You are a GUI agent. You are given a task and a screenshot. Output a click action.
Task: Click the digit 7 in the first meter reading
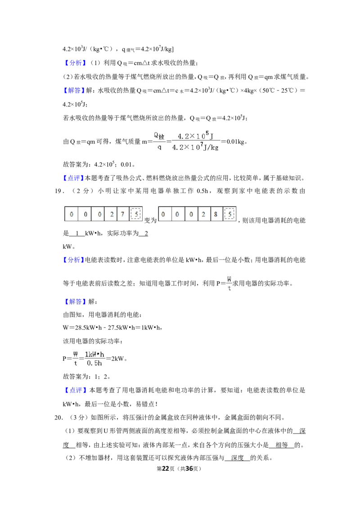click(x=122, y=214)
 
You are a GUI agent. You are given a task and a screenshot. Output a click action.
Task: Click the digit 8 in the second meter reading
click(x=216, y=214)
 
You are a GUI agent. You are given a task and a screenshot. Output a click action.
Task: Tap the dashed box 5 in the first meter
click(x=136, y=214)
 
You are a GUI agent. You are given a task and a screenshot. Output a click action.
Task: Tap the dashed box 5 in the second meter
click(x=229, y=214)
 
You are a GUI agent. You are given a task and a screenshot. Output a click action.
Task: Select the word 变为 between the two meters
click(x=150, y=220)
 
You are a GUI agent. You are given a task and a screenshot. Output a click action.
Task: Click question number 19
click(x=59, y=191)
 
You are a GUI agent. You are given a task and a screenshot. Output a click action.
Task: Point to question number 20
click(x=59, y=417)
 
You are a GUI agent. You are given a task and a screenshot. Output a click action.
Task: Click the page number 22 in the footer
click(x=166, y=469)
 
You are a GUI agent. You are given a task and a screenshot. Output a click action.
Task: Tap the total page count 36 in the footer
click(x=189, y=469)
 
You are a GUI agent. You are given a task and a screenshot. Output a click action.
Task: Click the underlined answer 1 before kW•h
click(x=77, y=233)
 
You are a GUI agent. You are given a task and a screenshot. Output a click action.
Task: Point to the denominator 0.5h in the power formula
click(x=94, y=363)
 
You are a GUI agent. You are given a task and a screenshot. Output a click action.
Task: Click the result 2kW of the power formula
click(x=117, y=358)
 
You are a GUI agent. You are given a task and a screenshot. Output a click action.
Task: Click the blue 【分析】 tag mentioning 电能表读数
click(x=74, y=260)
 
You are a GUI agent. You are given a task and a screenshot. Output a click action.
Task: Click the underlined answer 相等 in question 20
click(x=281, y=445)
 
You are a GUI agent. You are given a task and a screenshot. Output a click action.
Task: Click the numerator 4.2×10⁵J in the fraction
click(x=195, y=136)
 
